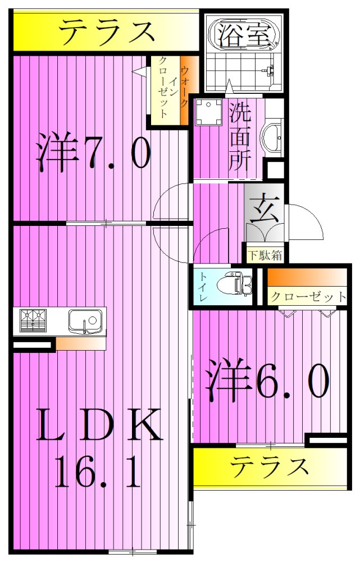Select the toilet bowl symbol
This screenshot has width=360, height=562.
tap(239, 284)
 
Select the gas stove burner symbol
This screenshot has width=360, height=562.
tap(33, 321)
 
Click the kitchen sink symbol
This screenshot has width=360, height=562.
tap(85, 321)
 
